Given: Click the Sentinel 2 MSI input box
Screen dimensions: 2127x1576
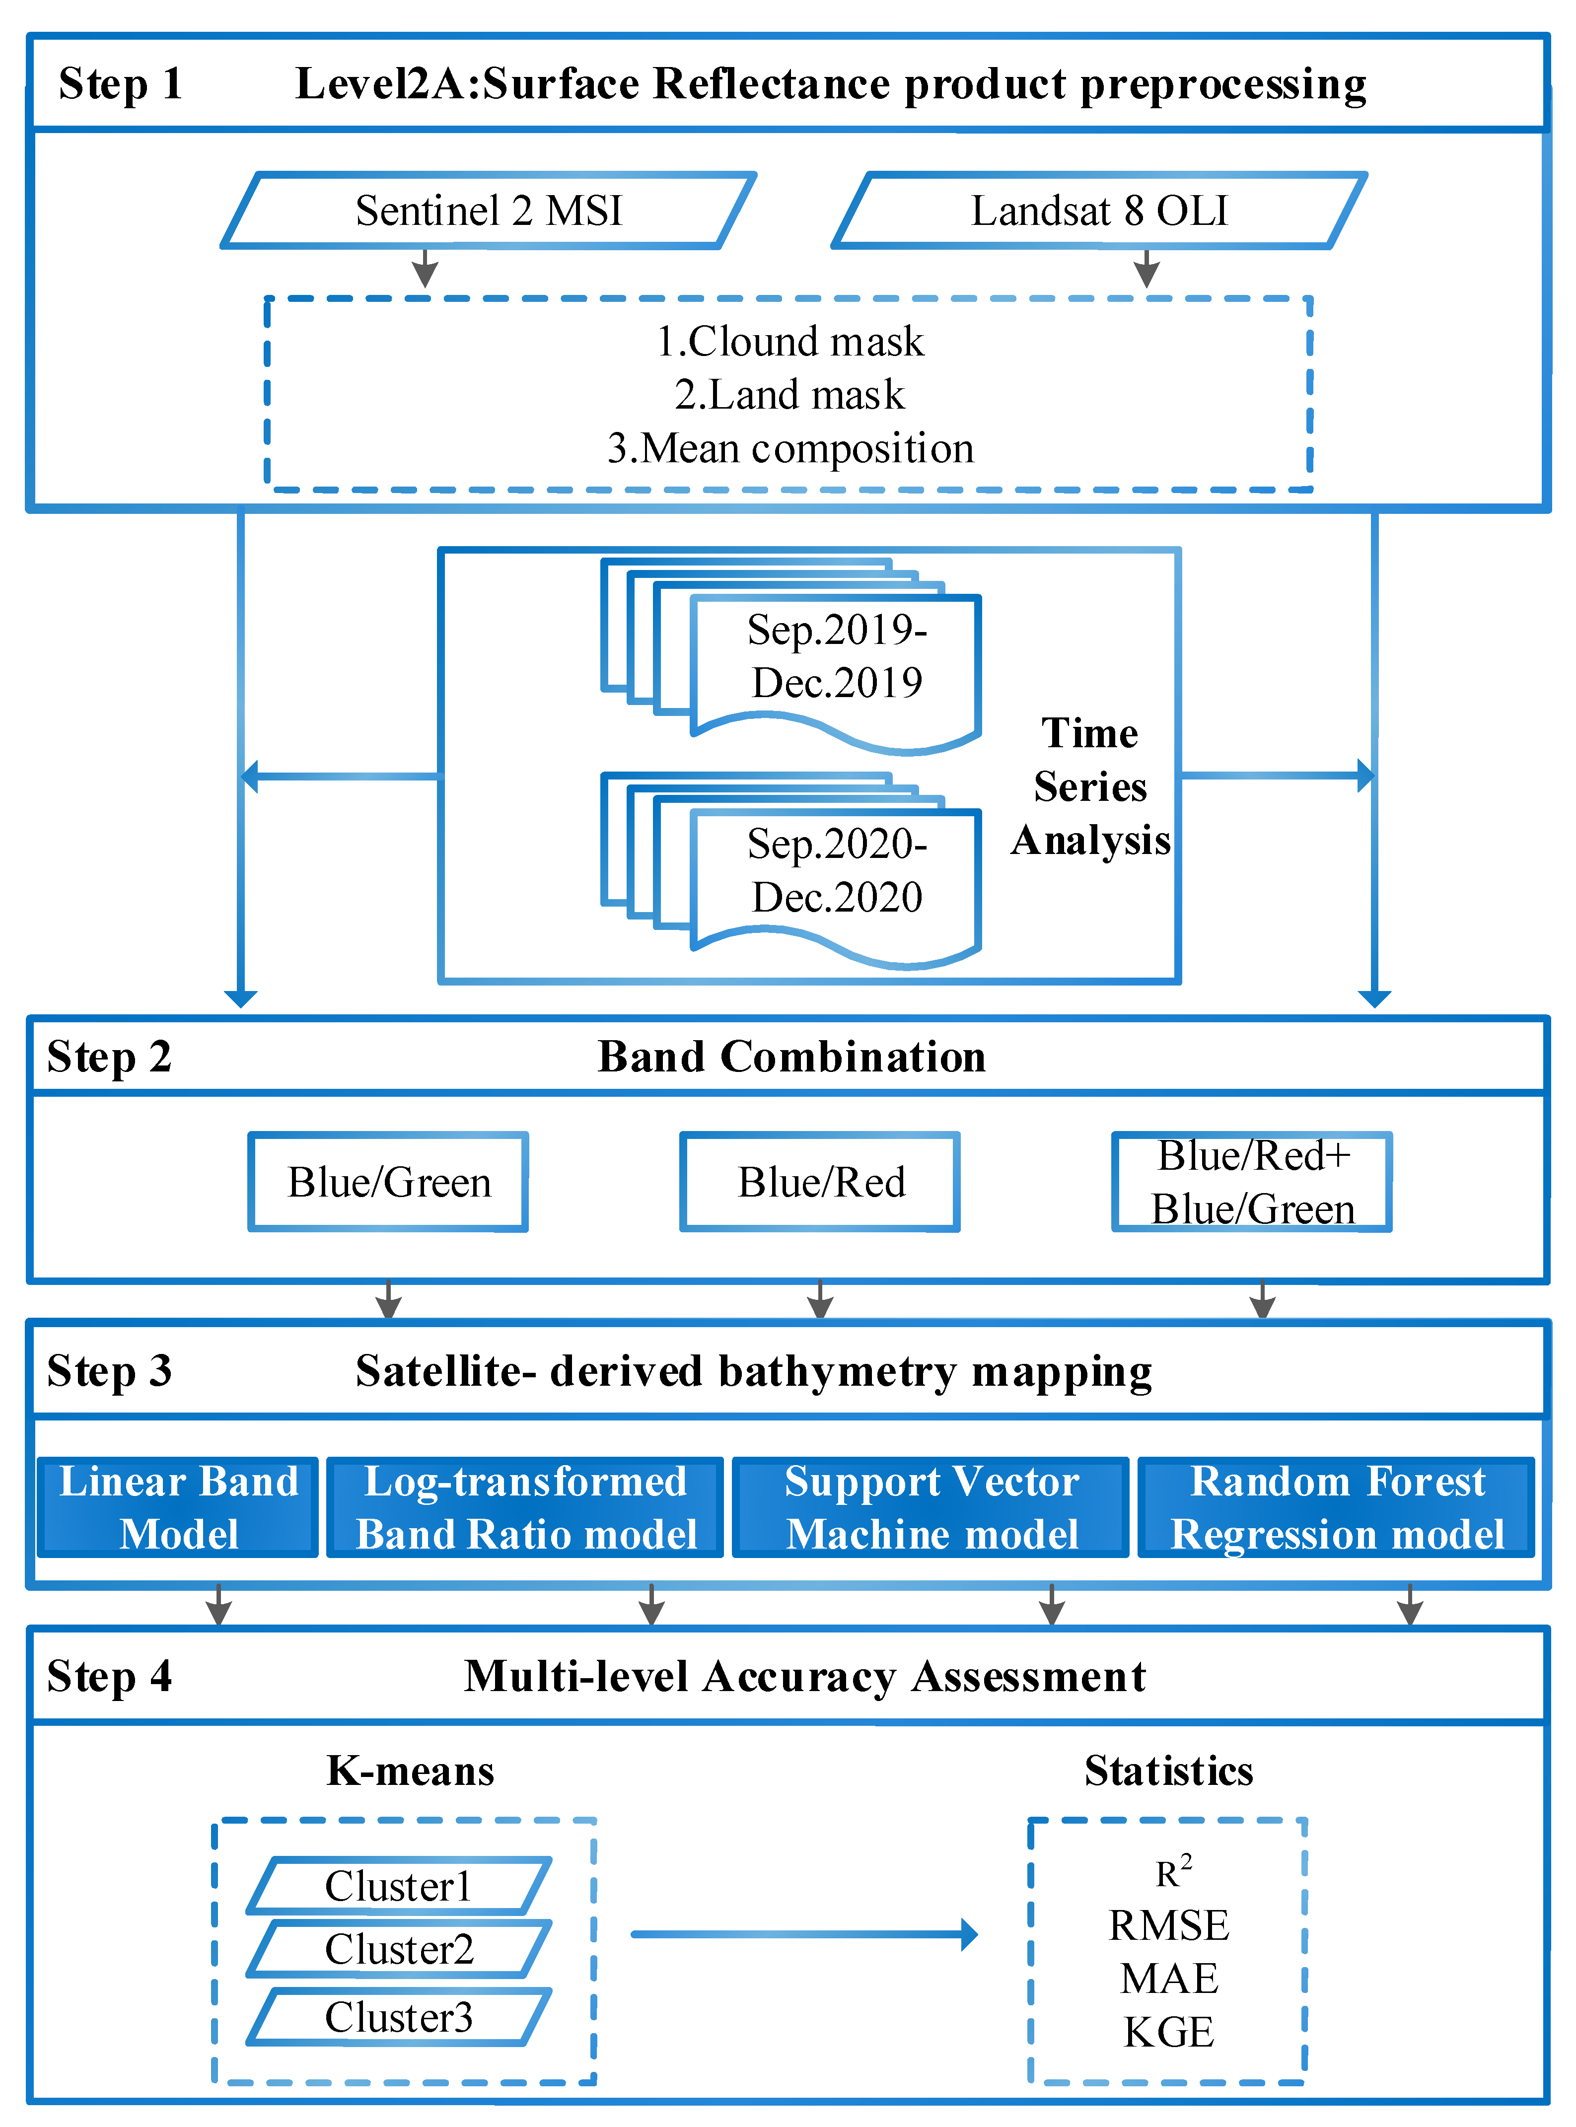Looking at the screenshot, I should point(489,211).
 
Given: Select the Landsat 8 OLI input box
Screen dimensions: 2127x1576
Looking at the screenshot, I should point(1099,211).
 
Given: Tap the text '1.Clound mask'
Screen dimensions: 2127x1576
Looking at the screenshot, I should point(790,342).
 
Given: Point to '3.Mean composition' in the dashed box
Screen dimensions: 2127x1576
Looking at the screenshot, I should point(790,448).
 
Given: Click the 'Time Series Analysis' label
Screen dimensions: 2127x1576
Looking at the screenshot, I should point(1090,787).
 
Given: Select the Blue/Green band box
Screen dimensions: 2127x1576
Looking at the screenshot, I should point(388,1182).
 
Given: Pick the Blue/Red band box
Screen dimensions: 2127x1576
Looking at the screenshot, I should point(820,1182).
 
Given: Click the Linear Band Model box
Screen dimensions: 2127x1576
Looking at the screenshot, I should point(178,1507).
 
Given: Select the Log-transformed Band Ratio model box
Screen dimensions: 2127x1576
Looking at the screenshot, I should point(526,1507).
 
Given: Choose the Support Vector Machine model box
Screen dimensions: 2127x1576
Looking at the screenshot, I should point(931,1507).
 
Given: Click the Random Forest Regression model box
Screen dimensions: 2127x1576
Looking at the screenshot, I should point(1337,1507).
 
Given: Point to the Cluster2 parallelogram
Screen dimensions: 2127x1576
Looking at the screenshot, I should point(399,1949).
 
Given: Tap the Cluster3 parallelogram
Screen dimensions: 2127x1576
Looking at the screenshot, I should point(399,2016).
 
